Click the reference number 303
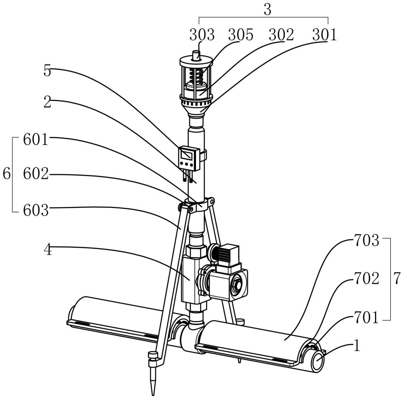pyautogui.click(x=202, y=35)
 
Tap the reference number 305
pyautogui.click(x=241, y=35)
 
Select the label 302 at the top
pyautogui.click(x=281, y=35)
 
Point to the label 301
pyautogui.click(x=324, y=35)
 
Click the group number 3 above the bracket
pyautogui.click(x=268, y=10)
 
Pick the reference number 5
pyautogui.click(x=47, y=71)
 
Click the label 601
pyautogui.click(x=36, y=140)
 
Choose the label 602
pyautogui.click(x=36, y=174)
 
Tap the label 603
pyautogui.click(x=36, y=210)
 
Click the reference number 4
pyautogui.click(x=48, y=250)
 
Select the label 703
pyautogui.click(x=367, y=241)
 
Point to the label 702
pyautogui.click(x=367, y=278)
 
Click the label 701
pyautogui.click(x=367, y=317)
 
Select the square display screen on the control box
pyautogui.click(x=186, y=155)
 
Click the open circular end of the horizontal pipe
pyautogui.click(x=319, y=360)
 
